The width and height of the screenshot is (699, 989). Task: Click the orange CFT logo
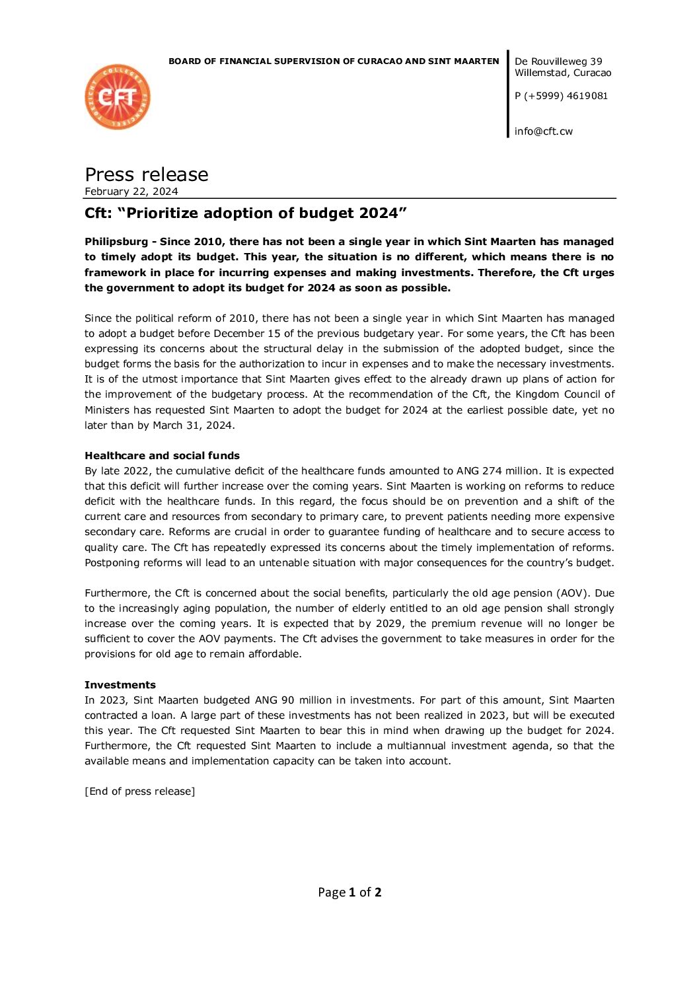pyautogui.click(x=118, y=96)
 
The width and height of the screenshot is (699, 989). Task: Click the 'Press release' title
pyautogui.click(x=146, y=174)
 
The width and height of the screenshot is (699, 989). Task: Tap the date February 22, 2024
pyautogui.click(x=131, y=192)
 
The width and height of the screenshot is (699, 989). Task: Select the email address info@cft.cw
pyautogui.click(x=543, y=131)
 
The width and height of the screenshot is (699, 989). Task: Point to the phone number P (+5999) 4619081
pyautogui.click(x=561, y=96)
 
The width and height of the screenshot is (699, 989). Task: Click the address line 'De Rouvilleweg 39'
pyautogui.click(x=558, y=61)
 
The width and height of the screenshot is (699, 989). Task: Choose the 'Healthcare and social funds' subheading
pyautogui.click(x=162, y=455)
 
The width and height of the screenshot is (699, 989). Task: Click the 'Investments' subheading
pyautogui.click(x=120, y=684)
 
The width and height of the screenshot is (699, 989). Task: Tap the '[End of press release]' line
pyautogui.click(x=139, y=791)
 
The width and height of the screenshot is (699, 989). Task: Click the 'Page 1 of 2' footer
pyautogui.click(x=349, y=892)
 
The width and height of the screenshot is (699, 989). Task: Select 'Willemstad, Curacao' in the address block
pyautogui.click(x=563, y=73)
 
